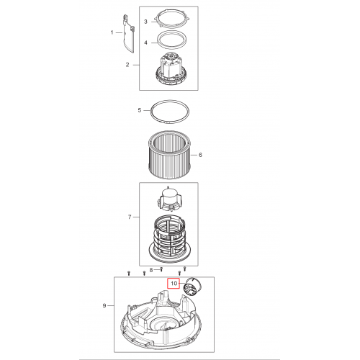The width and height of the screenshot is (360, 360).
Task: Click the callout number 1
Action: [112, 32]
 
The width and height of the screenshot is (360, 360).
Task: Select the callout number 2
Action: [127, 65]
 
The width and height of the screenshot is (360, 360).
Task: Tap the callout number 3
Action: [145, 22]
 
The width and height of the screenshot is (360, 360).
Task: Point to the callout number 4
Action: [145, 42]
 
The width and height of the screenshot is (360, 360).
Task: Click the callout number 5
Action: [140, 110]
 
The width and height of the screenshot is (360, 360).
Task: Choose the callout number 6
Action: [200, 155]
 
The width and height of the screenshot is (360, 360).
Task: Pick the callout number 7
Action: [130, 217]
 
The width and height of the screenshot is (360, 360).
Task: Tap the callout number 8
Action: [151, 270]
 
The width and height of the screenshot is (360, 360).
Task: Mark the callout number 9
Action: [104, 305]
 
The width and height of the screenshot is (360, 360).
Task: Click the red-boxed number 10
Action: [174, 284]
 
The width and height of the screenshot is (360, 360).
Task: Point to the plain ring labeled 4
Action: [171, 33]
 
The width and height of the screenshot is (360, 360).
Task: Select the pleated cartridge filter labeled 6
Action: [170, 155]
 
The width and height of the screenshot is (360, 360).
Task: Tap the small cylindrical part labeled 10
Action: [192, 285]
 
